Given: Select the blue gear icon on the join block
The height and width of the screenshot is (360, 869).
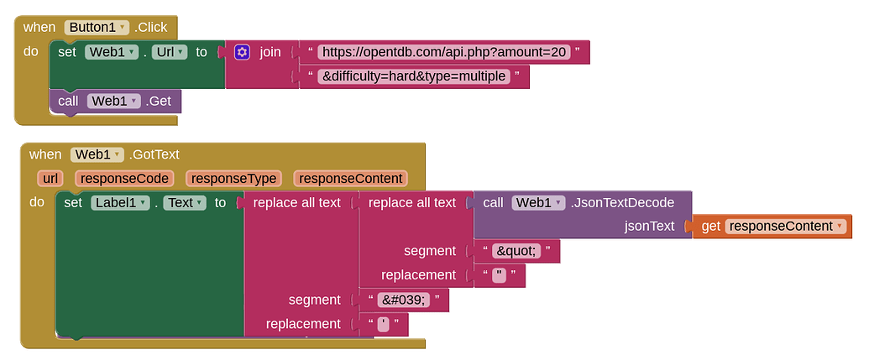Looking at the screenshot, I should pos(242,52).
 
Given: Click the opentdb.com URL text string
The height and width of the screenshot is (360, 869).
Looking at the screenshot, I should pos(445,52).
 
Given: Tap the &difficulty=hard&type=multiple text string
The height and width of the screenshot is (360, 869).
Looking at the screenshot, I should pos(415,77).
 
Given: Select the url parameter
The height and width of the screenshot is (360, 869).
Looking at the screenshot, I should pos(51,178).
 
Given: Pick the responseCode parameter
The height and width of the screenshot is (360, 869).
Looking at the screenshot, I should pos(124,178).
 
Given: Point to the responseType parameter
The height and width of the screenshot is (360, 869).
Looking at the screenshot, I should pos(233,178).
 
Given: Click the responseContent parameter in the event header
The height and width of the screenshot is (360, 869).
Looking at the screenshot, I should pos(350,178).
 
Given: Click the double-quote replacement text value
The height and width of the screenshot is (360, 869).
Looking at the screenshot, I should pos(500,275).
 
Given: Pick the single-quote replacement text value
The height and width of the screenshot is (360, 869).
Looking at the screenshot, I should pos(384,324).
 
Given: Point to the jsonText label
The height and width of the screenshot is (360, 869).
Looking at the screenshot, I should pos(650,226).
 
